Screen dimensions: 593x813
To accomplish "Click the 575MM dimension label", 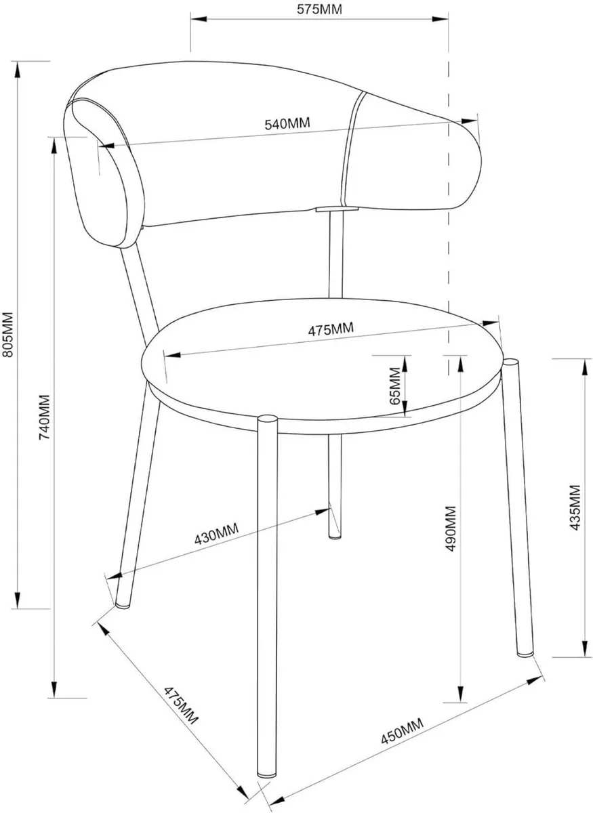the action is [319, 9].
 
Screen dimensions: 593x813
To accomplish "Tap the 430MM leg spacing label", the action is [216, 537].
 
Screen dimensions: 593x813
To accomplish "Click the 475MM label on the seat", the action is [331, 330].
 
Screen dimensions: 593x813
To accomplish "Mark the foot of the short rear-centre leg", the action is [335, 535].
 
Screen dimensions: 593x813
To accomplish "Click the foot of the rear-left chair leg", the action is [123, 603].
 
